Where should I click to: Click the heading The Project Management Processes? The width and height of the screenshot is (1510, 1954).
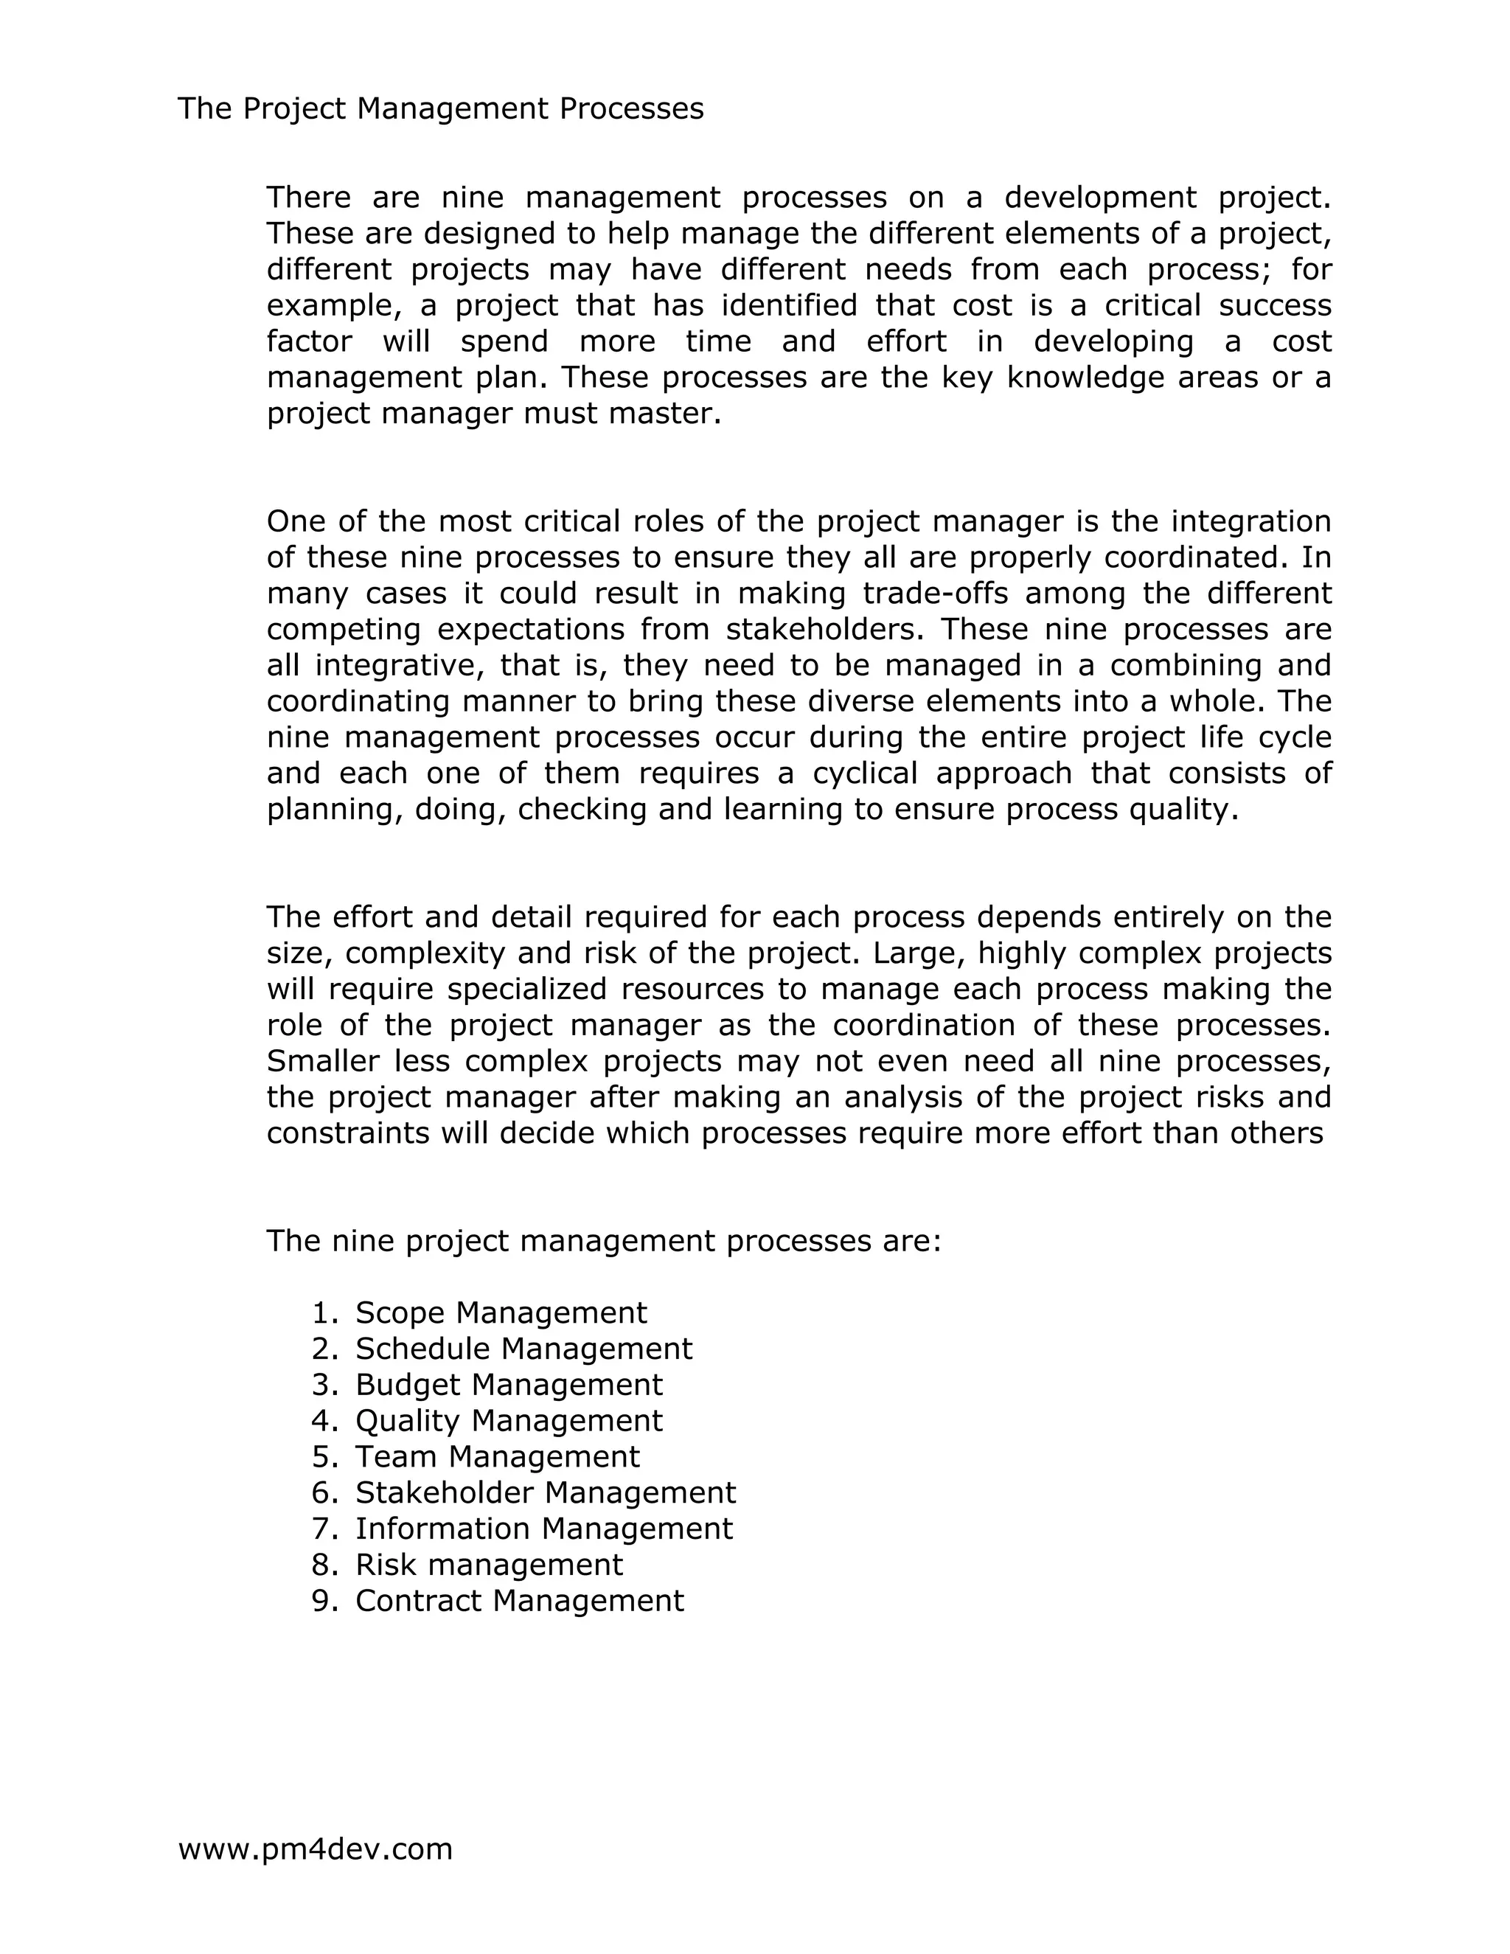[x=440, y=108]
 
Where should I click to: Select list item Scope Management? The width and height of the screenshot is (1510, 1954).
[x=501, y=1312]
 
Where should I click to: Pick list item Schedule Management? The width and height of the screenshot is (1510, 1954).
[x=523, y=1349]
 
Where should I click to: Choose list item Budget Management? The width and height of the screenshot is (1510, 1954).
[x=509, y=1384]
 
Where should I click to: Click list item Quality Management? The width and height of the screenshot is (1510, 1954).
[x=509, y=1420]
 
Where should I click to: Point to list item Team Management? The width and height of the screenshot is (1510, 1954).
[x=498, y=1456]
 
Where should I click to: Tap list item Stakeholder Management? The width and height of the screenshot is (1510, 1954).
[x=546, y=1492]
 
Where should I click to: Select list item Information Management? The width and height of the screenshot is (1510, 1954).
[x=544, y=1528]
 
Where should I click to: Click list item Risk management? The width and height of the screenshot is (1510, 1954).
[x=488, y=1564]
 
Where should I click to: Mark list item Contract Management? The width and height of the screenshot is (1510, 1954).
[x=519, y=1600]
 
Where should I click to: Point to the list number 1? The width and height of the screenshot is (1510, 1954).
[x=322, y=1312]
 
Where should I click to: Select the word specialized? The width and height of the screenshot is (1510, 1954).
[x=529, y=989]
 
